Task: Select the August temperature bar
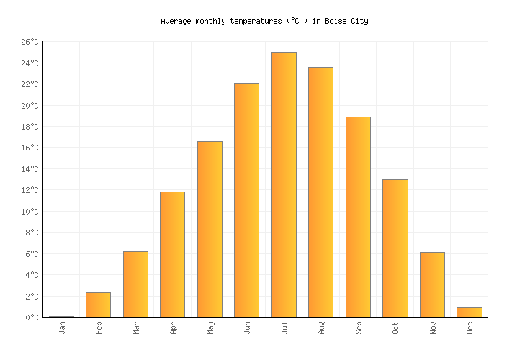[x=320, y=192]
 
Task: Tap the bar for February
[x=98, y=305]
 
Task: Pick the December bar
[x=469, y=312]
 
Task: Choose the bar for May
[x=210, y=229]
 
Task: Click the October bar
[x=395, y=248]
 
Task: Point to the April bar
[x=172, y=254]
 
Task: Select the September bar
[x=358, y=217]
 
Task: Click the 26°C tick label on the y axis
[x=29, y=42]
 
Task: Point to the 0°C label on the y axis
[x=32, y=318]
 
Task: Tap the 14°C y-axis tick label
[x=29, y=169]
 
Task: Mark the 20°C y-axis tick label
[x=29, y=106]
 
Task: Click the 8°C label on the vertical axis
[x=32, y=233]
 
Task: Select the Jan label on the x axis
[x=62, y=327]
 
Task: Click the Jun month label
[x=247, y=327]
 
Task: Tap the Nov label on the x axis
[x=432, y=327]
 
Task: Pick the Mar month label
[x=136, y=327]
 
